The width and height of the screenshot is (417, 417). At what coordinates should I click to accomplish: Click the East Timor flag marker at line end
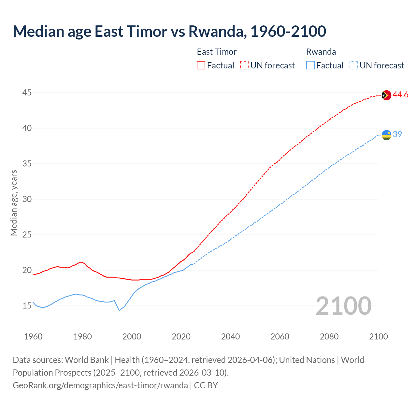point(386,95)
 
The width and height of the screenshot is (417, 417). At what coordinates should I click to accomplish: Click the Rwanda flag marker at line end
point(386,135)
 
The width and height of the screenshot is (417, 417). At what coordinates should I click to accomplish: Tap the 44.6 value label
point(400,95)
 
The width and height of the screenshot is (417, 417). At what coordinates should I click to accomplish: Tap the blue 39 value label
point(397,135)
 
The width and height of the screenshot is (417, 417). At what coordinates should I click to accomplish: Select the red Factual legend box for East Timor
point(201,65)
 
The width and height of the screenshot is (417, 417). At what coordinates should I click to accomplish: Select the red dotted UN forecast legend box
point(244,65)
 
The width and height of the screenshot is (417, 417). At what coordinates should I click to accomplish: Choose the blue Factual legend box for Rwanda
point(310,65)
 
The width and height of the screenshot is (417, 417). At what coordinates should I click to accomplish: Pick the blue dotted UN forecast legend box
point(353,65)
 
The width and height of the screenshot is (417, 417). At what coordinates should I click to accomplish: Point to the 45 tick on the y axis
point(27,93)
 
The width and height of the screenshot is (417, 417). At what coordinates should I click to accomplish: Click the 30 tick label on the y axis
point(27,199)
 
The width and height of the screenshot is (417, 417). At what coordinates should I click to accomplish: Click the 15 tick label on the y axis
point(27,306)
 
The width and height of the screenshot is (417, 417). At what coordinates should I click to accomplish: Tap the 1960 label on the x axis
point(33,337)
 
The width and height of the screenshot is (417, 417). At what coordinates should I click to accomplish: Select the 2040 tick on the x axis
point(230,337)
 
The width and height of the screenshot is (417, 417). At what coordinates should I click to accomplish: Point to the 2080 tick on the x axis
point(329,337)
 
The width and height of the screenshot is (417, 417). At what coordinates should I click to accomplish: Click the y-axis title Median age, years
point(14,203)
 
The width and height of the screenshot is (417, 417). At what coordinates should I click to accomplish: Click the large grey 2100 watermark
point(343,306)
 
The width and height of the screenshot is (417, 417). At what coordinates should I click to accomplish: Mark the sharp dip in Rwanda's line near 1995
point(119,310)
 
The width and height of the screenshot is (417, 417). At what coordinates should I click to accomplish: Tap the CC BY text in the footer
point(206,385)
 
